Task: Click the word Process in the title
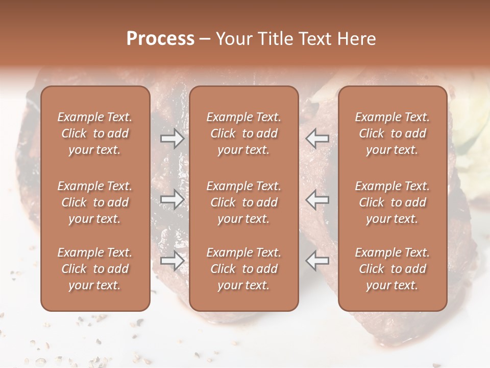pos(160,39)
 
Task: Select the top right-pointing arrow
pos(172,138)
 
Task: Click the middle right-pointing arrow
pos(172,199)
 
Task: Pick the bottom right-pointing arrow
pos(172,261)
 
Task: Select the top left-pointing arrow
pos(317,138)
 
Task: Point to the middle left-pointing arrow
pos(317,199)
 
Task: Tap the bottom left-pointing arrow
pos(317,261)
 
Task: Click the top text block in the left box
pos(95,133)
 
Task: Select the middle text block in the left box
pos(95,202)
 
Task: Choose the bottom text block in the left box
pos(95,269)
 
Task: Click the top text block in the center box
pos(243,133)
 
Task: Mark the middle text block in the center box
pos(243,202)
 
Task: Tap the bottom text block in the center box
pos(243,269)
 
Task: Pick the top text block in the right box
pos(392,133)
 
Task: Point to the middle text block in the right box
pos(392,202)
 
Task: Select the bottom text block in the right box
pos(392,269)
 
